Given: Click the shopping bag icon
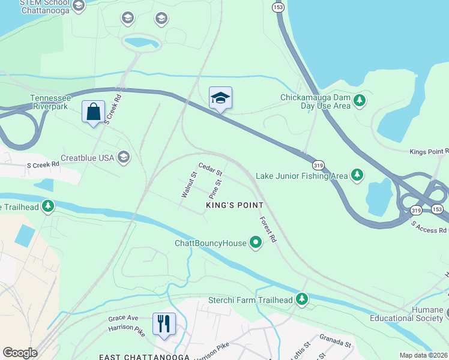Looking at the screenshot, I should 93,112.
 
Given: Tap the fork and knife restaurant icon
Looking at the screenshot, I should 164,324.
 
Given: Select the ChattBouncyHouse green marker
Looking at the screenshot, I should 256,243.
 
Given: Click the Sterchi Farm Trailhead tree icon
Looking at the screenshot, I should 302,299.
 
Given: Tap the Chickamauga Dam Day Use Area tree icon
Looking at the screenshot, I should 360,101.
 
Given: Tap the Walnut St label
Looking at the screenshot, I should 189,185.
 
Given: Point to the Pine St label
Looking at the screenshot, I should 215,188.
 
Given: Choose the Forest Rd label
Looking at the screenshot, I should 268,229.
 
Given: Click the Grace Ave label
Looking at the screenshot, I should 123,318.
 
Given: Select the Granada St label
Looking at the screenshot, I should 335,341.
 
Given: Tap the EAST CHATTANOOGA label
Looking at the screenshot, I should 145,356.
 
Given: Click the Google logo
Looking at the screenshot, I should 20,353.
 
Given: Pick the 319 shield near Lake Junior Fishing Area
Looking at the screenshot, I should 318,164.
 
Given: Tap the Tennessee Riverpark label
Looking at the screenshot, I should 50,102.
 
